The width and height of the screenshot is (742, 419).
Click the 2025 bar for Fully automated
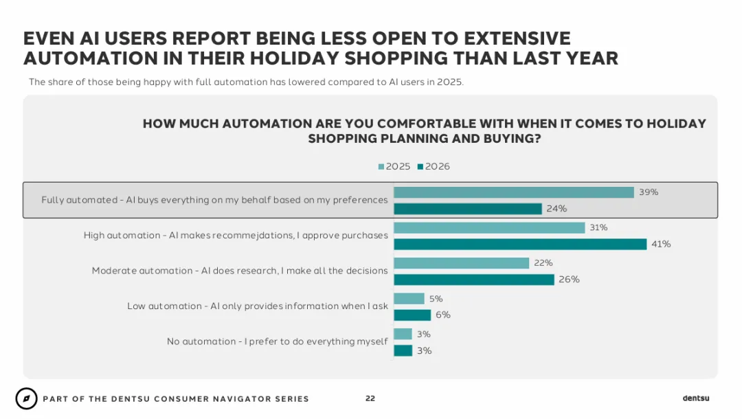tap(514, 192)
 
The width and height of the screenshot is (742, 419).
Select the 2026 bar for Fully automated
tap(468, 209)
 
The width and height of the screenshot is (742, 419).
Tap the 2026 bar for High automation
tap(520, 244)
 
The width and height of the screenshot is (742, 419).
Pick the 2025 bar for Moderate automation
tap(462, 263)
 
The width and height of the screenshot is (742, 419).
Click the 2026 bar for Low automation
tap(412, 315)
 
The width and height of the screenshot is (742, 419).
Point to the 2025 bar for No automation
tap(403, 334)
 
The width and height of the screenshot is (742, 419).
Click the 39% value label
tap(649, 192)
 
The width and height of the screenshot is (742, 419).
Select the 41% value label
tap(661, 244)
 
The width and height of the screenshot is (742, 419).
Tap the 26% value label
tap(569, 280)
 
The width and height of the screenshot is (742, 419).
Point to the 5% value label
tap(436, 299)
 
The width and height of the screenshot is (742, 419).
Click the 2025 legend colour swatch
tap(381, 166)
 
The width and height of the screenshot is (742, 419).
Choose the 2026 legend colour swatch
tap(420, 166)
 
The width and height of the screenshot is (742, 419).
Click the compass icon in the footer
tap(27, 398)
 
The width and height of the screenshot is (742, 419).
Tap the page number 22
tap(370, 398)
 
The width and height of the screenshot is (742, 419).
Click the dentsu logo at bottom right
tap(695, 398)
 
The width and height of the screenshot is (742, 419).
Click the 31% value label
tap(598, 227)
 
